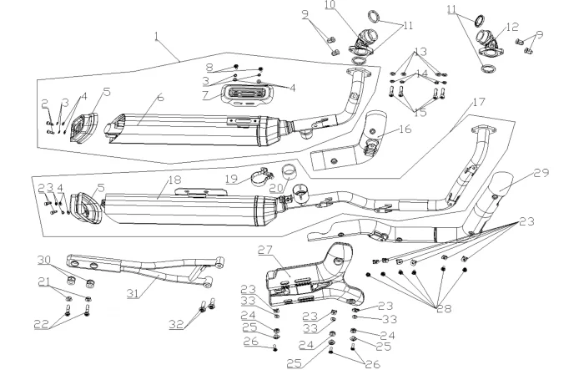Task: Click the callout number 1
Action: (156, 35)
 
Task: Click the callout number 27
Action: (265, 251)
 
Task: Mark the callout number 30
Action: (44, 259)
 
